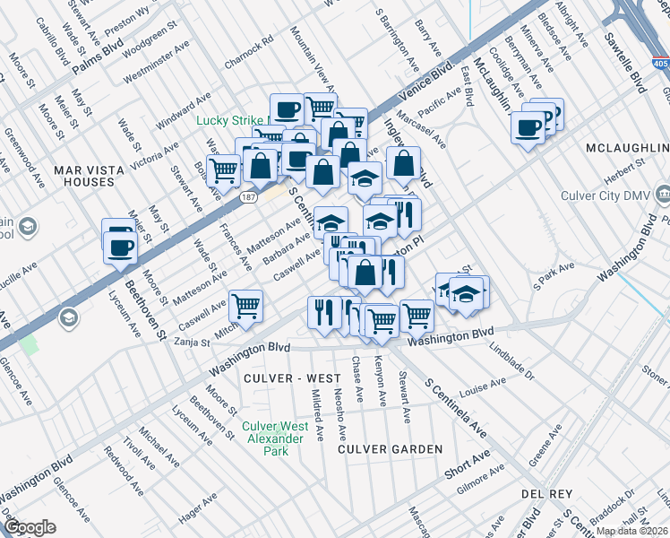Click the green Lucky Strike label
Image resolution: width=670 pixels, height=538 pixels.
[x=232, y=120]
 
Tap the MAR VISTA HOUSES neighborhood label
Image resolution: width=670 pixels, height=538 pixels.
[x=83, y=175]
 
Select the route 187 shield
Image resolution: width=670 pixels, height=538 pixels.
[x=247, y=195]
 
